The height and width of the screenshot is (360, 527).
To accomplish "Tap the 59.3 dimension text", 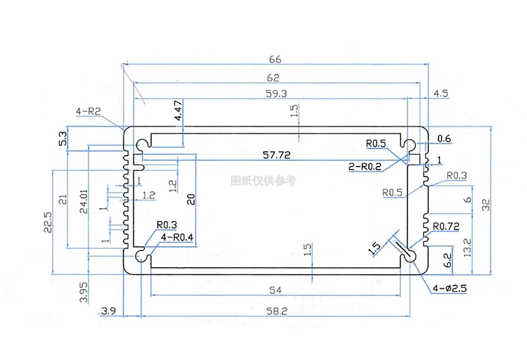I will pos(274,93).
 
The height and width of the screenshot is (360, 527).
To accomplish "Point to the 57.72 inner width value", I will pos(277,154).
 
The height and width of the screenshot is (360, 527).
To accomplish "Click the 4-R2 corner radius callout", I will pos(89,111).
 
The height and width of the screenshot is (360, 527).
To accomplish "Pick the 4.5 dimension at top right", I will pos(441,93).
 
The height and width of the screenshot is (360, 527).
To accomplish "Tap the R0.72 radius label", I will pos(445,226).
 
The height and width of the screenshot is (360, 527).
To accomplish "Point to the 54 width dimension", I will pos(275,290).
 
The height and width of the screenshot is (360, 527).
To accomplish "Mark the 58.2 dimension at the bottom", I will pos(275,311).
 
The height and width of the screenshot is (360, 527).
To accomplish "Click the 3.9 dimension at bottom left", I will pos(109,311).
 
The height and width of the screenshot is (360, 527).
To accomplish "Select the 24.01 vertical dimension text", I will pos(84,202).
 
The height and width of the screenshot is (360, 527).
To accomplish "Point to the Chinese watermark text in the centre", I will pos(263,181).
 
